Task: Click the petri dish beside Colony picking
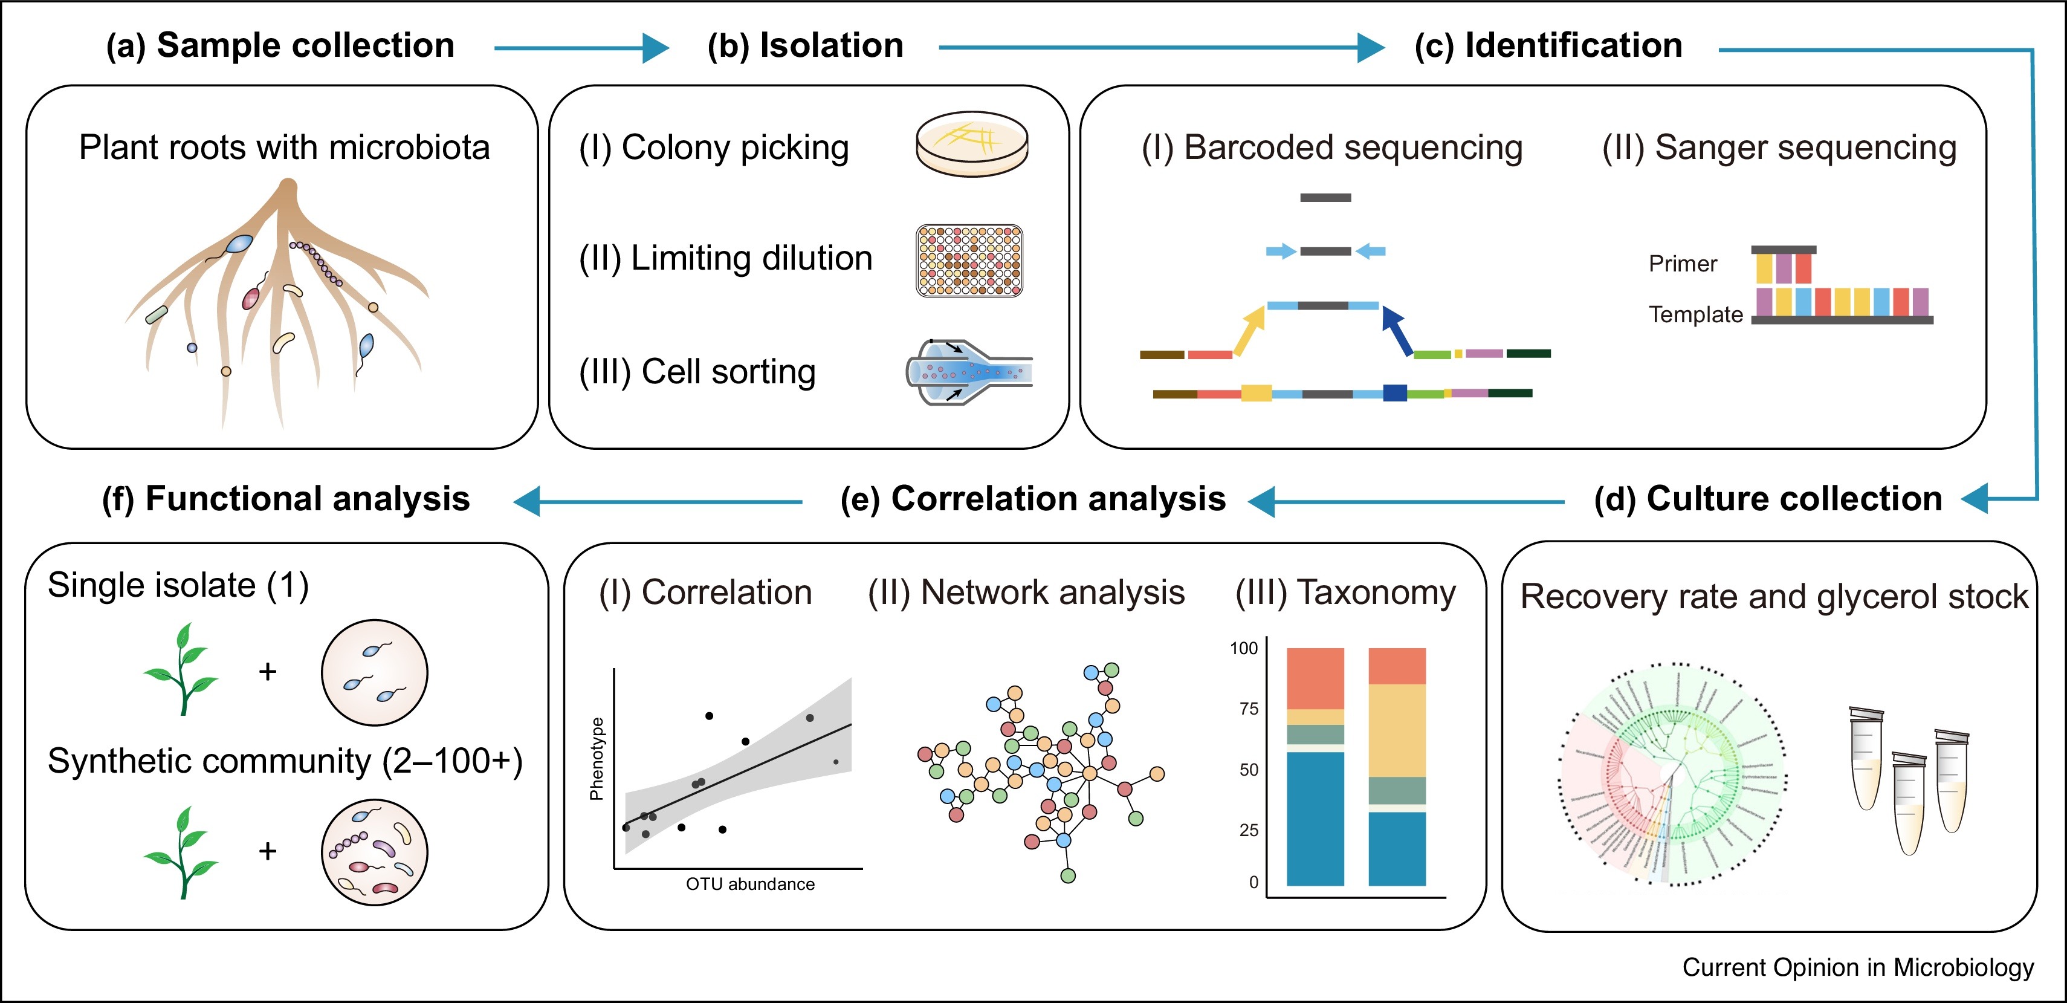[x=972, y=145]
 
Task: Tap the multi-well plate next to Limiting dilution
[x=969, y=261]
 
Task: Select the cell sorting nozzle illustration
[x=968, y=371]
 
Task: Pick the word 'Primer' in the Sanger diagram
[x=1683, y=264]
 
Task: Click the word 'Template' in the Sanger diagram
[x=1695, y=314]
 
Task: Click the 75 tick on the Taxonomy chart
[x=1249, y=709]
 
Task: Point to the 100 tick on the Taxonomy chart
[x=1244, y=648]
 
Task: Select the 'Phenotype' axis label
[x=596, y=758]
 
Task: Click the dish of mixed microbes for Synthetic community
[x=374, y=852]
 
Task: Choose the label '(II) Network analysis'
[x=1026, y=593]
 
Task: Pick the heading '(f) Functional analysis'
[x=286, y=499]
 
